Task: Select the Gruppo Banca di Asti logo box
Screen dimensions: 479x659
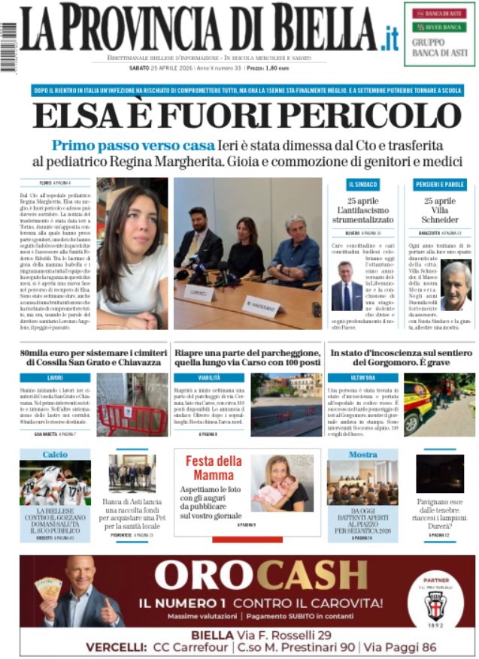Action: (439, 34)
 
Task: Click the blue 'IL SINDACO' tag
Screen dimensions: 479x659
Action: (363, 184)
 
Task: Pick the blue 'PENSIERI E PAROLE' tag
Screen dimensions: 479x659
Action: (439, 184)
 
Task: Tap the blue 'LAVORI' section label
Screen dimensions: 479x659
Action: (55, 377)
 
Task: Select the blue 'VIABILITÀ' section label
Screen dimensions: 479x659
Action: (209, 377)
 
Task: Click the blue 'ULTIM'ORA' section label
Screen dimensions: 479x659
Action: (362, 377)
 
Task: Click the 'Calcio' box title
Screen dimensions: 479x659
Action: (55, 455)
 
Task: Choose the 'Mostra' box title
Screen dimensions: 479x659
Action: (362, 455)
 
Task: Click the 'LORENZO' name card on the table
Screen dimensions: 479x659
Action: (199, 292)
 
